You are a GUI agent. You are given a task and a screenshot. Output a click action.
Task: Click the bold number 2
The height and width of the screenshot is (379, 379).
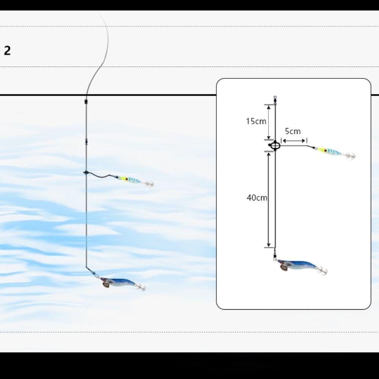click(x=7, y=51)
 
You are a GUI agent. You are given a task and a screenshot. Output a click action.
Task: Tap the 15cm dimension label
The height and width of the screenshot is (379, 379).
click(x=256, y=121)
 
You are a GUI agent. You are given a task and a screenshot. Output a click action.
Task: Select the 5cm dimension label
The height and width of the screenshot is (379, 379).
click(x=293, y=131)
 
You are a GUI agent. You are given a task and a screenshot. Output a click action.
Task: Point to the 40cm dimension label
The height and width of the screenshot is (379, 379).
click(x=257, y=198)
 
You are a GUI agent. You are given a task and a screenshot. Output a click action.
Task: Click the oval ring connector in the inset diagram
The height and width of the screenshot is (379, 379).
click(x=275, y=146)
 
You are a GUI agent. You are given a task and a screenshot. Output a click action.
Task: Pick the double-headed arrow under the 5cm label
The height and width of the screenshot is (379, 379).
click(x=294, y=141)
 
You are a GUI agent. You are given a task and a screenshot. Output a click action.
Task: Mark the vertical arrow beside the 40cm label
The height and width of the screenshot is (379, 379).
click(x=269, y=200)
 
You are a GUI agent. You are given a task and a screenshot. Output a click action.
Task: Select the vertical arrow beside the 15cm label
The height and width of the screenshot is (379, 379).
click(x=269, y=122)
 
